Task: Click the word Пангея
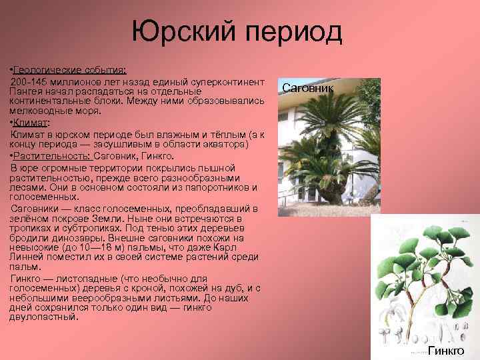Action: tap(28, 90)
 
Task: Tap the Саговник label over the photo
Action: tap(308, 87)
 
